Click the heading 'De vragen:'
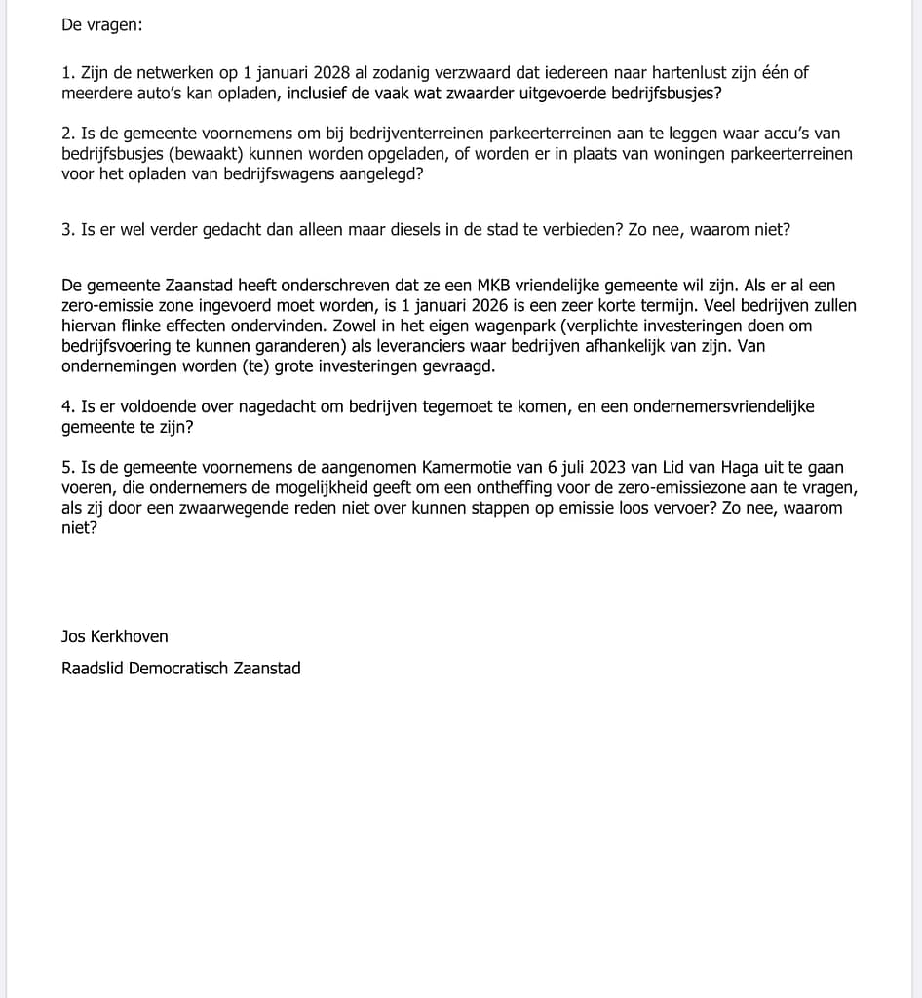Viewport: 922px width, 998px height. tap(101, 25)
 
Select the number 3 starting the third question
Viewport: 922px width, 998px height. tap(65, 230)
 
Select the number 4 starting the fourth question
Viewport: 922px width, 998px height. tap(65, 406)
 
